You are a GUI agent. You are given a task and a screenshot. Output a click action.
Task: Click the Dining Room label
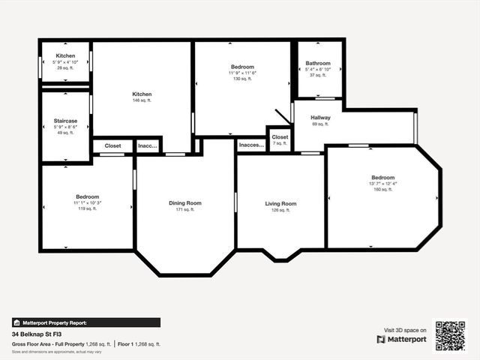click(x=184, y=203)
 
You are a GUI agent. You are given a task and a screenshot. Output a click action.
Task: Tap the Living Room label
click(x=280, y=204)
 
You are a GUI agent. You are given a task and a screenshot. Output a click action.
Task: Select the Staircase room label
click(x=65, y=119)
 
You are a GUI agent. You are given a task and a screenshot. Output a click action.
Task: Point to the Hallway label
click(x=320, y=118)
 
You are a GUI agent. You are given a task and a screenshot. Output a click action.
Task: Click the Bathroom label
click(x=318, y=64)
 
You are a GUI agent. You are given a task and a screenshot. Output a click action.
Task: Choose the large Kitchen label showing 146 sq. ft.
click(x=142, y=94)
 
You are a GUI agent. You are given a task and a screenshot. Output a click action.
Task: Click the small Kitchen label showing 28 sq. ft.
click(x=65, y=56)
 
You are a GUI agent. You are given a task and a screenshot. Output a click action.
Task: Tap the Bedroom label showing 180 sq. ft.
click(x=382, y=178)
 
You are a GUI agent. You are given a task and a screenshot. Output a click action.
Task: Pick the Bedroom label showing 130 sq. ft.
click(x=242, y=67)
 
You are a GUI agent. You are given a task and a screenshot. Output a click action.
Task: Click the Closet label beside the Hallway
click(x=280, y=137)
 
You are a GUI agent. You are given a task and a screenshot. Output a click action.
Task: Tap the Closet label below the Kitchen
click(x=112, y=146)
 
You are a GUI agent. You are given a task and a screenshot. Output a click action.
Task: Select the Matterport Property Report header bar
click(x=86, y=322)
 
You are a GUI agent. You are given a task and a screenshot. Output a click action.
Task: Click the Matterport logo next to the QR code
click(x=402, y=339)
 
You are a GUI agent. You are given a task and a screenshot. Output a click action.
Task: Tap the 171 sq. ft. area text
click(x=184, y=210)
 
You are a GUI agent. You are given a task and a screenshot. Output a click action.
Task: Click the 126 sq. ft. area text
click(x=280, y=211)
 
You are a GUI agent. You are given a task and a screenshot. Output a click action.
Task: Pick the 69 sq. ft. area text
click(x=320, y=124)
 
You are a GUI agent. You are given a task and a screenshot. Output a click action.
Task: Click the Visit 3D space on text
click(x=405, y=330)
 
